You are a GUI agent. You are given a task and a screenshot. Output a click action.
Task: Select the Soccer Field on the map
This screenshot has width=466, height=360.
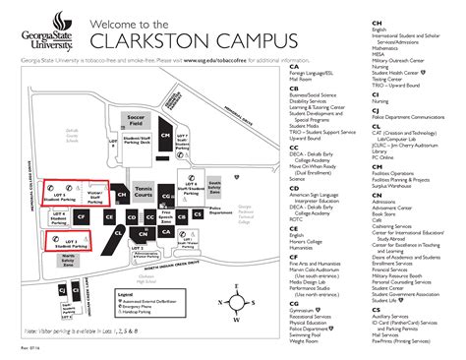(x=136, y=123)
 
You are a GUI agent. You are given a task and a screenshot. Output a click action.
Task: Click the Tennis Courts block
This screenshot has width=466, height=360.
(x=145, y=194)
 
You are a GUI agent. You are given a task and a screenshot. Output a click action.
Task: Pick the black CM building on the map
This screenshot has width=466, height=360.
(x=165, y=135)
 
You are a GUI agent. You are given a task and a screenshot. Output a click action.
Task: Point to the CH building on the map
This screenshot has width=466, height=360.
(x=122, y=196)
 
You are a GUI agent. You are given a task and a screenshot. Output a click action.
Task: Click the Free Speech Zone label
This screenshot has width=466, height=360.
(x=166, y=216)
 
